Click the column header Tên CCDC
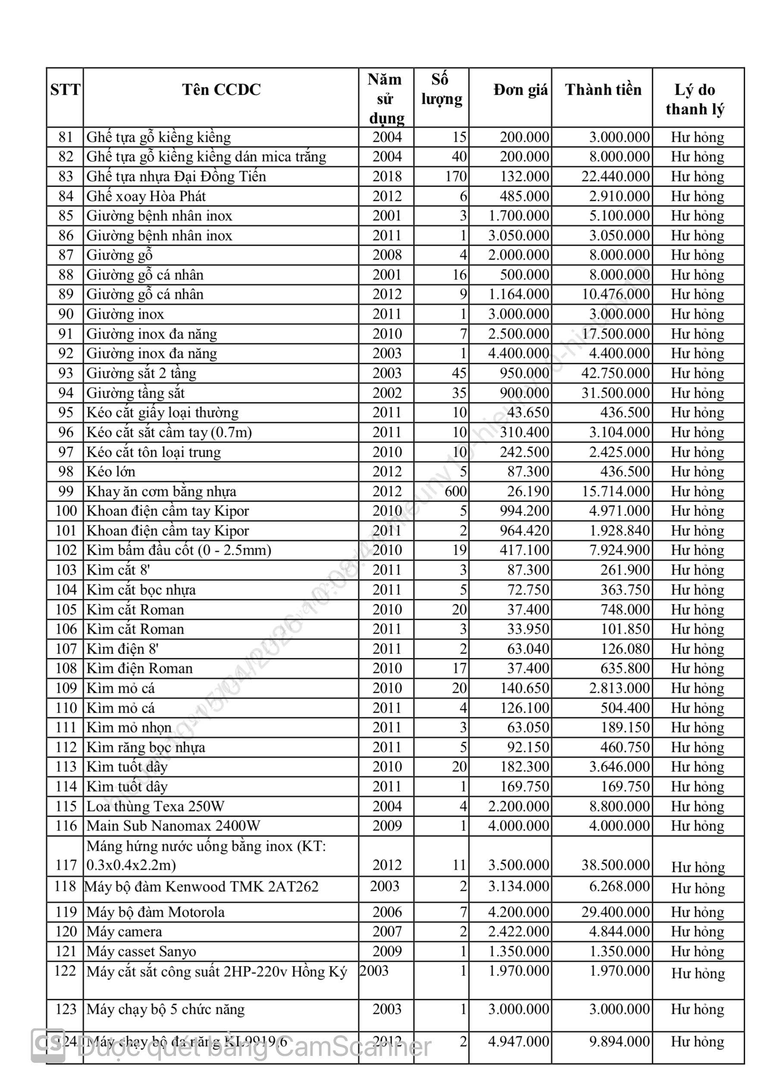221,90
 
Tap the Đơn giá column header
520,90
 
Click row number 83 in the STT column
66,177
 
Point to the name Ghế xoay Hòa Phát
146,196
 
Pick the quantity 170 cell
456,177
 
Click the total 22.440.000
615,177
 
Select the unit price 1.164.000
518,294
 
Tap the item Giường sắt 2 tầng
141,373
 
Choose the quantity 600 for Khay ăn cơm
455,492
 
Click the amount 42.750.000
615,373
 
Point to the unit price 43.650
528,413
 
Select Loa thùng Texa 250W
155,807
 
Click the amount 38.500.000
615,865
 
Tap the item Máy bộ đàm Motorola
155,912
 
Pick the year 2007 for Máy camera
387,931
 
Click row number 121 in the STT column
66,951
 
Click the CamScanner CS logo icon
48,1046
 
